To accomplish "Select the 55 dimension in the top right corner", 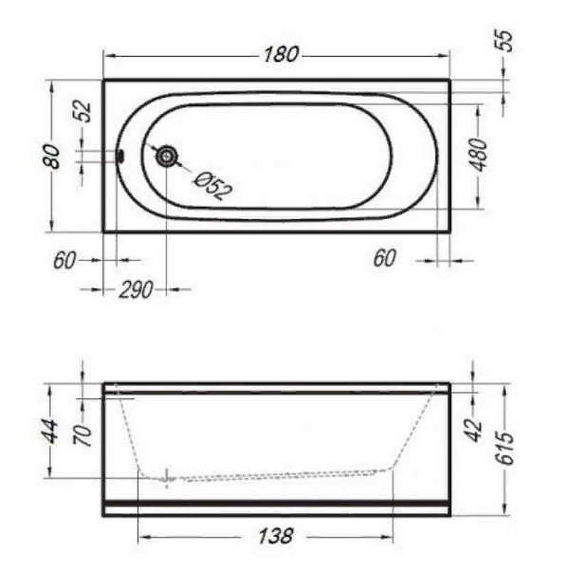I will (504, 41).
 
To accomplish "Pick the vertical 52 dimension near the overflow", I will (83, 112).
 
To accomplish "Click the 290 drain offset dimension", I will (134, 289).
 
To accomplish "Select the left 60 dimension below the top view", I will (64, 260).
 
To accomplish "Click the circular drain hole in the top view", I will (168, 156).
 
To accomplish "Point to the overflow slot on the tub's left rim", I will (120, 156).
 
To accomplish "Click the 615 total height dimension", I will (505, 449).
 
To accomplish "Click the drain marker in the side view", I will (168, 479).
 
